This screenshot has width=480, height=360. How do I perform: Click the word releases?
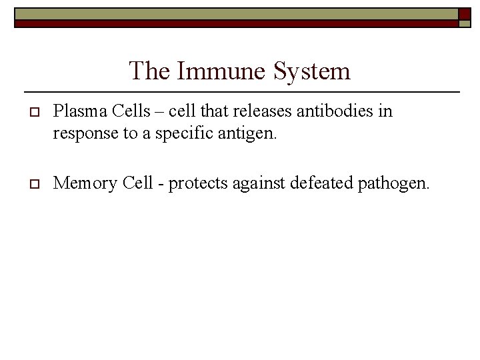[259, 111]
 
